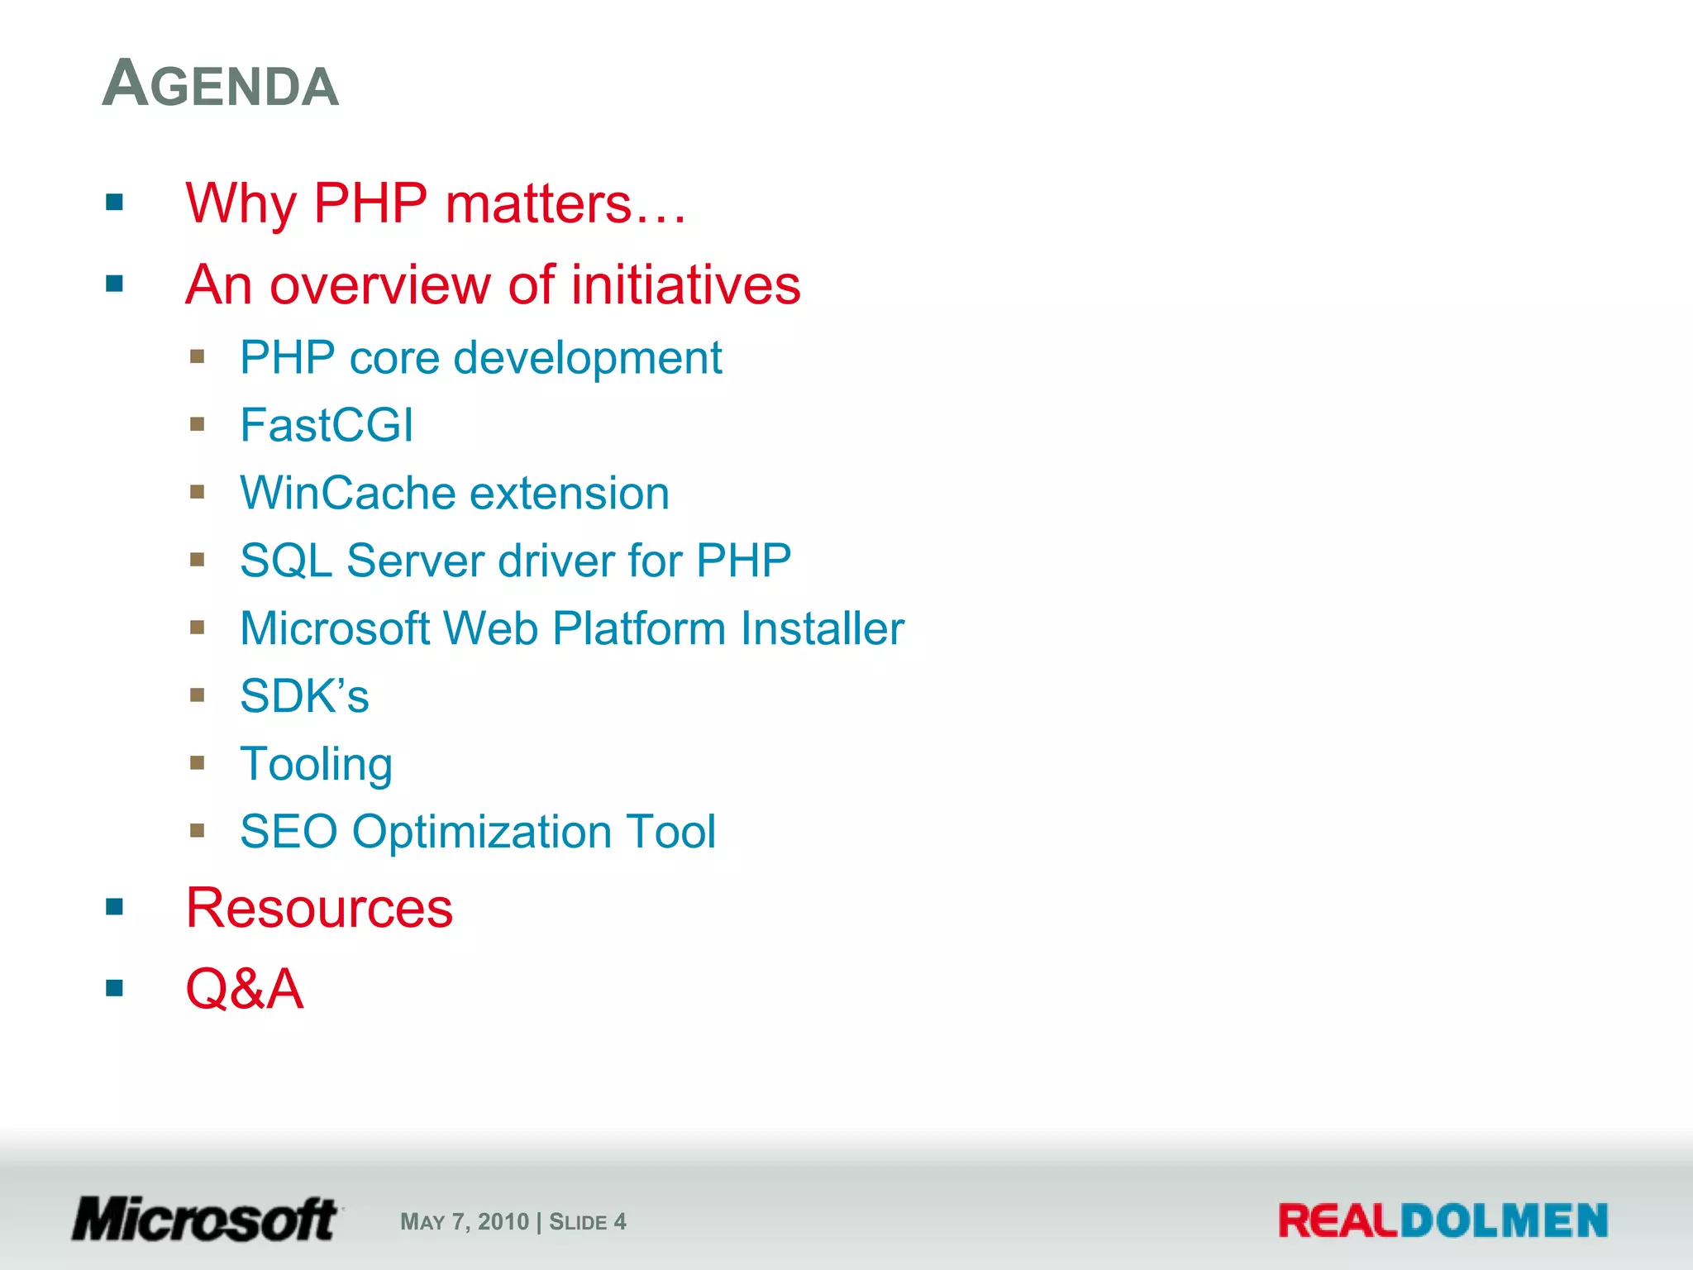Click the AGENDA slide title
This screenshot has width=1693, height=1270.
tap(221, 84)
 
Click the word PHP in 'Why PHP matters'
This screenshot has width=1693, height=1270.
tap(370, 203)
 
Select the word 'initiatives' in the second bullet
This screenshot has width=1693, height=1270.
tap(685, 284)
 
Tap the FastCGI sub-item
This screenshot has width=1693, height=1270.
tap(327, 425)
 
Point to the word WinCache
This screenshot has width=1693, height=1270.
tap(347, 493)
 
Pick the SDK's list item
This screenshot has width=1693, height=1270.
tap(304, 696)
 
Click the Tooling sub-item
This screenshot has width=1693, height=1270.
tap(316, 764)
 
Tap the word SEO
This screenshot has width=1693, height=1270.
tap(289, 832)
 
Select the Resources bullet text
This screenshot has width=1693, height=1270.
tap(319, 908)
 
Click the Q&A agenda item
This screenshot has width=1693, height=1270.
tap(245, 988)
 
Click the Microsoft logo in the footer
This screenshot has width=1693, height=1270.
tap(205, 1219)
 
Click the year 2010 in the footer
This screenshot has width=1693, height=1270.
tap(503, 1222)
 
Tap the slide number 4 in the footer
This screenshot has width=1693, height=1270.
tap(620, 1222)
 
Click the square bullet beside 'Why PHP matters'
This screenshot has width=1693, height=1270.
tap(114, 203)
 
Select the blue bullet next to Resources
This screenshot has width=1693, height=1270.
tap(114, 908)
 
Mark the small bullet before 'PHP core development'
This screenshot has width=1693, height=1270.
tap(197, 357)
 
